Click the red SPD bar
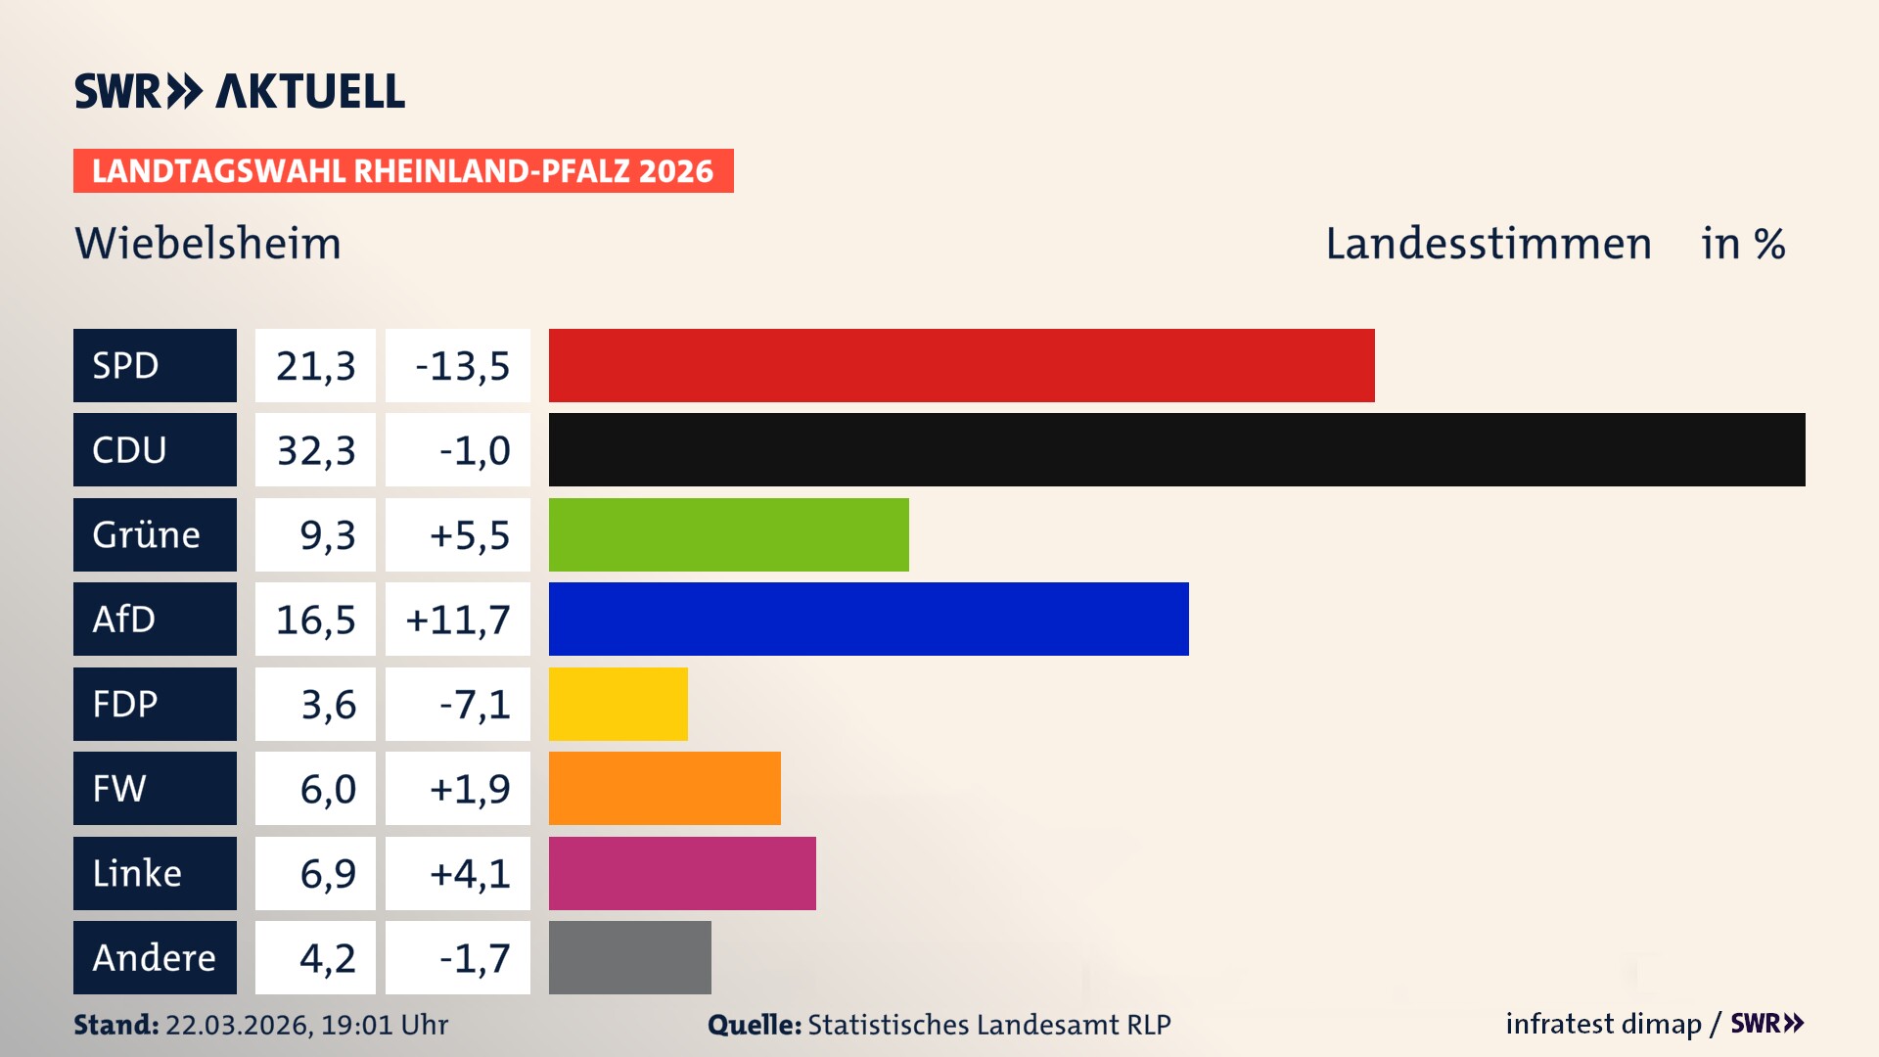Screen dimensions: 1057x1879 (x=961, y=365)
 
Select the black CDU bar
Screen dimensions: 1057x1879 (x=1176, y=450)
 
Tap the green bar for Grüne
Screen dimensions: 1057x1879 (x=728, y=534)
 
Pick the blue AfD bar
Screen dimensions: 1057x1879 (x=868, y=619)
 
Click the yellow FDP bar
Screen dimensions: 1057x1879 (x=618, y=704)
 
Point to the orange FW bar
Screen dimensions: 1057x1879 (x=665, y=788)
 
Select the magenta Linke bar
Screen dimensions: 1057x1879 (x=682, y=873)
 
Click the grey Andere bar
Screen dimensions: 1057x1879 (x=629, y=957)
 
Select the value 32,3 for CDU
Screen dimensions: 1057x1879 (x=315, y=450)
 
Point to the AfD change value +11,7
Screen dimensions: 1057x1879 (x=457, y=619)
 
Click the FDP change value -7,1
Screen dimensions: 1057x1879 (x=474, y=704)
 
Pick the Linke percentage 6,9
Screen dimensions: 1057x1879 (x=327, y=873)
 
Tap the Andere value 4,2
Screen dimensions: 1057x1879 (x=327, y=957)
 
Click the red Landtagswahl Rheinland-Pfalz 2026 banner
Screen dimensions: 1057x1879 (x=403, y=170)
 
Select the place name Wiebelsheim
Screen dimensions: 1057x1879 (x=207, y=243)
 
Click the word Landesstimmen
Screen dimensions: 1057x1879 (x=1488, y=243)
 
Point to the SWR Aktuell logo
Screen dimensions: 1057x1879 (x=239, y=91)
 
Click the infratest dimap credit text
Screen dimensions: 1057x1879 (x=1602, y=1024)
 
